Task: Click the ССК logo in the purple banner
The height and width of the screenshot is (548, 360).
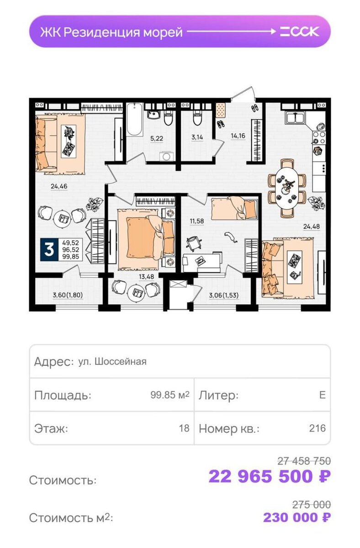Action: point(300,32)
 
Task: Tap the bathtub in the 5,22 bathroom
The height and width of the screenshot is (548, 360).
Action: point(134,119)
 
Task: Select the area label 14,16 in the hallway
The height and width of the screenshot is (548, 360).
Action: point(238,136)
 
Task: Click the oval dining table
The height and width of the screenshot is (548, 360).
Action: point(287,188)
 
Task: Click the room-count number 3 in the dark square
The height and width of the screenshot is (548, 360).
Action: point(49,249)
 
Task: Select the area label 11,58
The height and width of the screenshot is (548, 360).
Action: point(197,221)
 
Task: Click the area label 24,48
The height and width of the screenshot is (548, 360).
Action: point(311,227)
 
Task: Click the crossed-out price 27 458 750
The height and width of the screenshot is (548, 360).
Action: point(304,461)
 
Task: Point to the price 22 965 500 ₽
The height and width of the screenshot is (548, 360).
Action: point(270,476)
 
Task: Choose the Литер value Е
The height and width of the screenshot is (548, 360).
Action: point(323,395)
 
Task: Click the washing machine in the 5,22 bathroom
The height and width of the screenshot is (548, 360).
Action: point(167,156)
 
